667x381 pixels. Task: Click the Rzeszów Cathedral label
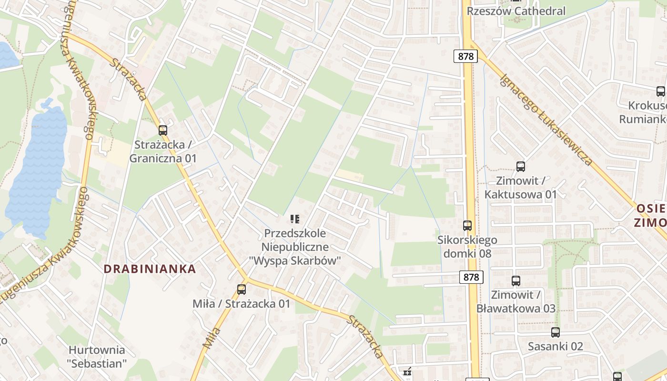(516, 11)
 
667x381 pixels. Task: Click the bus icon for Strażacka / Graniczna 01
(163, 130)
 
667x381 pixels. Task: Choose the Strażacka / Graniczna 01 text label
(163, 151)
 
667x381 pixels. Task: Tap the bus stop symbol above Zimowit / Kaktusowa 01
(520, 167)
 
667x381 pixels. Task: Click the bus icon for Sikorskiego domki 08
(467, 226)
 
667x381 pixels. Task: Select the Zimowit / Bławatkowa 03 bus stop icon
(515, 281)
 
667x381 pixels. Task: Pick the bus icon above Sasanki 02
(556, 332)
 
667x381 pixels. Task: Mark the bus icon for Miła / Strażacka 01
(242, 289)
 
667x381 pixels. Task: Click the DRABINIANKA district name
(150, 269)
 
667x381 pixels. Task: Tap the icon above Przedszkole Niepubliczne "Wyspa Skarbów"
(295, 219)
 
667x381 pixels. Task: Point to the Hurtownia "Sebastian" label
(97, 357)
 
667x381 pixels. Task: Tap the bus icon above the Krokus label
(660, 91)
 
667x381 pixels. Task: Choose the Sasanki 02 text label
(556, 346)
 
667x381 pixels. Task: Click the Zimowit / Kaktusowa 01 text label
(520, 188)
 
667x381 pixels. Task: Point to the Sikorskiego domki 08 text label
(467, 246)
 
